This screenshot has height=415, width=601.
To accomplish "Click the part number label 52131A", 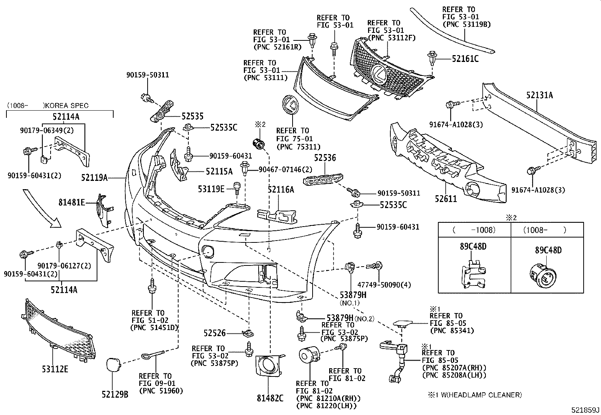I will (539, 95).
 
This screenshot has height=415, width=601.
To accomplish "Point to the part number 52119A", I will (94, 177).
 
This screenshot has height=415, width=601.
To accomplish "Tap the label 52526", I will (214, 333).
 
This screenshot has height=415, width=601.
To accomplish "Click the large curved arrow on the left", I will (42, 209).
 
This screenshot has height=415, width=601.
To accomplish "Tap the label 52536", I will (325, 158).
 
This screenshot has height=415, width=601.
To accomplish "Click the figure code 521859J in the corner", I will (585, 410).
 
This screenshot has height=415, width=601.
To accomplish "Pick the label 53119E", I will (211, 188).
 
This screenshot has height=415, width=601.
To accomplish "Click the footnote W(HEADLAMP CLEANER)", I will (478, 395).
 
